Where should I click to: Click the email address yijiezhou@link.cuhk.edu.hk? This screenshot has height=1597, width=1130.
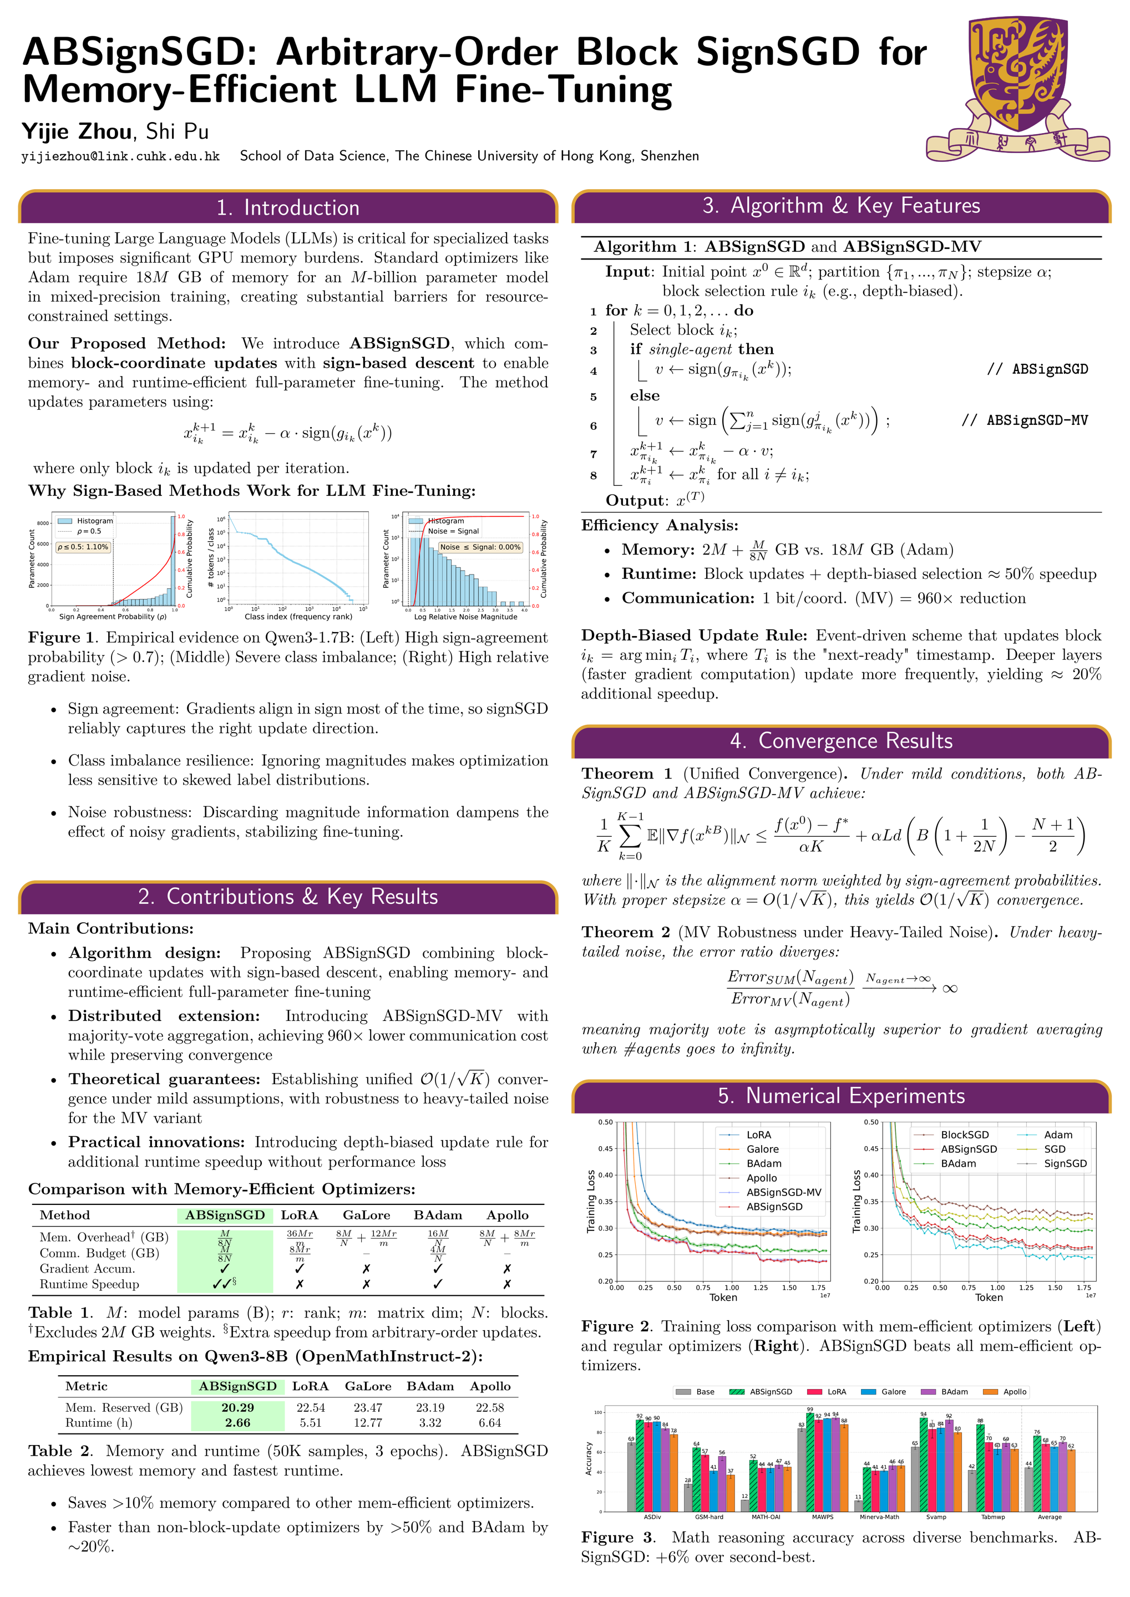[x=120, y=156]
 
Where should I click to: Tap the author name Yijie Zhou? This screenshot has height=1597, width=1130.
[x=77, y=131]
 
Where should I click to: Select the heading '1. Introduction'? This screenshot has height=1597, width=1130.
[x=288, y=207]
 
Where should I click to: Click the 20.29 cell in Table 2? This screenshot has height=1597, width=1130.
[x=237, y=1407]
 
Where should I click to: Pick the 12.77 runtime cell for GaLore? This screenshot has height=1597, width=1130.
[x=367, y=1422]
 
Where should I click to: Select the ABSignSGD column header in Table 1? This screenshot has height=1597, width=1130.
[x=225, y=1214]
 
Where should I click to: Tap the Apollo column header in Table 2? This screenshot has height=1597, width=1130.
[x=490, y=1386]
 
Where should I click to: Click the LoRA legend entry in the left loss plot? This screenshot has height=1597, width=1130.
[x=758, y=1135]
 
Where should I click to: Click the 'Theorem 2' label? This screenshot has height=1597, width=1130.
[x=626, y=932]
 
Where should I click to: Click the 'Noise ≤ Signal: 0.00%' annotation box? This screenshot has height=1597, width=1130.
[x=479, y=547]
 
